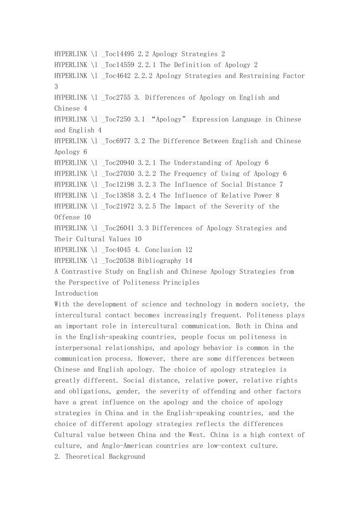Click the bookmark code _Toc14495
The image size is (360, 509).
[x=118, y=54]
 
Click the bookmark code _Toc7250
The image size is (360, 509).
[x=116, y=119]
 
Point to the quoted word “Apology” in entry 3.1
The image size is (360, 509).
[x=169, y=119]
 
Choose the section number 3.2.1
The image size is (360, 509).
[x=147, y=163]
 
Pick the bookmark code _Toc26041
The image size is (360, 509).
[x=118, y=228]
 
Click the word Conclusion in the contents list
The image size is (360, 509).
[x=163, y=250]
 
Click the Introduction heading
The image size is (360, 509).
[x=76, y=294]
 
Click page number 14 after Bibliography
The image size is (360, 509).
[x=189, y=261]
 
